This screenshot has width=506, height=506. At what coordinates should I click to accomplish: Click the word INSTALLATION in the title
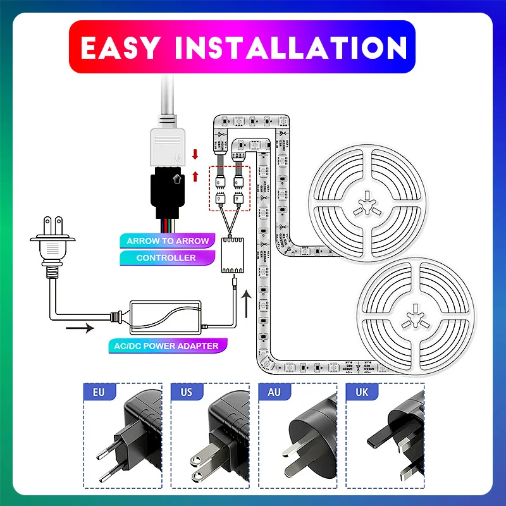coord(288,47)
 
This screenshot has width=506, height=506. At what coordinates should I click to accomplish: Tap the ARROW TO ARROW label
coord(167,241)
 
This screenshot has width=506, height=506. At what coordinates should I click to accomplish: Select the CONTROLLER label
coord(166,258)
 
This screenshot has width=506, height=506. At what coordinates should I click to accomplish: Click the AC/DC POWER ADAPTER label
coord(168,346)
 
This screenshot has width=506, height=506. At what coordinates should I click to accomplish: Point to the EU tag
coord(99,392)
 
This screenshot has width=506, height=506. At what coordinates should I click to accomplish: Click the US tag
coord(186,392)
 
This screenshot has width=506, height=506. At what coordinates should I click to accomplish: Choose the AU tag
coord(274,392)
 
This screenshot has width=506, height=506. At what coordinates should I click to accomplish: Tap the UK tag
coord(361,392)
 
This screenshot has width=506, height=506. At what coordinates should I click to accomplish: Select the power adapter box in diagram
coord(168,316)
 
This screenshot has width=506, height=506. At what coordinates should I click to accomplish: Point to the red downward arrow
coord(195,154)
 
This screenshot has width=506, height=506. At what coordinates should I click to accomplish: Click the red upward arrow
coord(195,175)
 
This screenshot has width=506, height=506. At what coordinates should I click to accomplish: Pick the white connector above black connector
coord(168,142)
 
